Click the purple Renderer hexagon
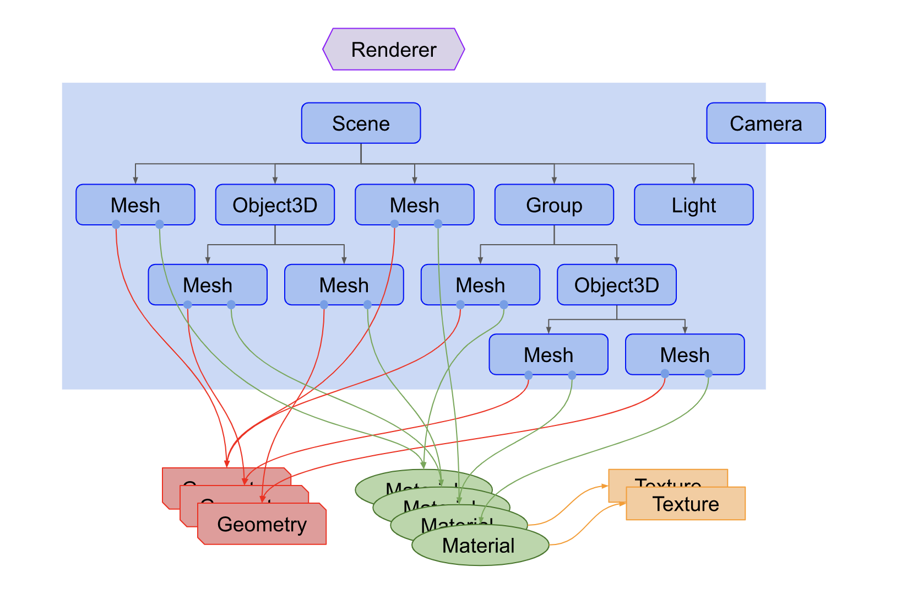tap(393, 50)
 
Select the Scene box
tap(361, 123)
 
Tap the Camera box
tap(765, 123)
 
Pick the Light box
tap(693, 205)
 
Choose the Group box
tap(554, 205)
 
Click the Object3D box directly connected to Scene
tap(275, 205)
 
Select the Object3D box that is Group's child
tap(616, 285)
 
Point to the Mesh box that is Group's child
tap(480, 285)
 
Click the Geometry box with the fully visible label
tap(262, 524)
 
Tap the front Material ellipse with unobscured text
tap(478, 546)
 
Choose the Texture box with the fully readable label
tap(686, 504)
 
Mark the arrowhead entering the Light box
tap(693, 180)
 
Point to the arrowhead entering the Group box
tap(554, 180)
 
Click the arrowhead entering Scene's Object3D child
tap(275, 180)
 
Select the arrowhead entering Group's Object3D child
tap(616, 261)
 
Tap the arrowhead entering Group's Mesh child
tap(480, 261)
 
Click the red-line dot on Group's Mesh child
tap(460, 305)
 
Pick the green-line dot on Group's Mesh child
tap(504, 305)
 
